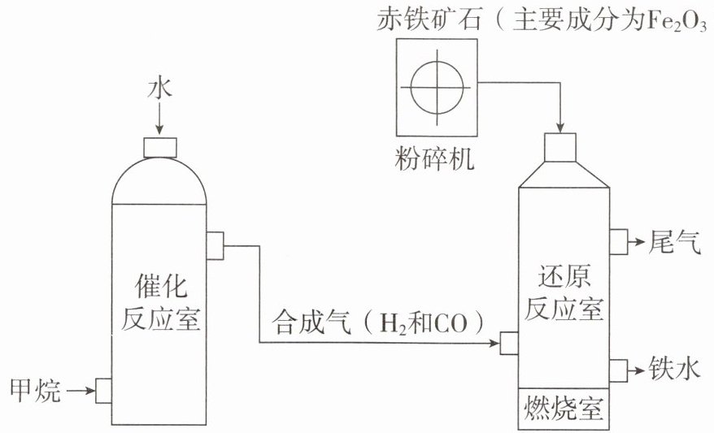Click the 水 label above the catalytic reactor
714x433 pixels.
pos(160,89)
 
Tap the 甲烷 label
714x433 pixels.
pos(35,390)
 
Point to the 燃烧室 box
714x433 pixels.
pos(564,408)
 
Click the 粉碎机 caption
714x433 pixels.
pos(434,158)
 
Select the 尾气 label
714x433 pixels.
pos(675,241)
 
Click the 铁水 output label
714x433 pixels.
pos(675,367)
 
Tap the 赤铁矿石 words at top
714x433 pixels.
pos(429,20)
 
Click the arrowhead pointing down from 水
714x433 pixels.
pos(159,129)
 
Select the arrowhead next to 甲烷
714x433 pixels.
pos(89,390)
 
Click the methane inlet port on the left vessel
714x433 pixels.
pos(104,391)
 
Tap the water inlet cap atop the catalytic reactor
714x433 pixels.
pos(160,147)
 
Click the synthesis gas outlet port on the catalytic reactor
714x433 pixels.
pos(215,245)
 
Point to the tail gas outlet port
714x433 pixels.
pos(618,242)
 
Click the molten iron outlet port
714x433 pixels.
pos(618,370)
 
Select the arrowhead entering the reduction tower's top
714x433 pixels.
pos(560,128)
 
